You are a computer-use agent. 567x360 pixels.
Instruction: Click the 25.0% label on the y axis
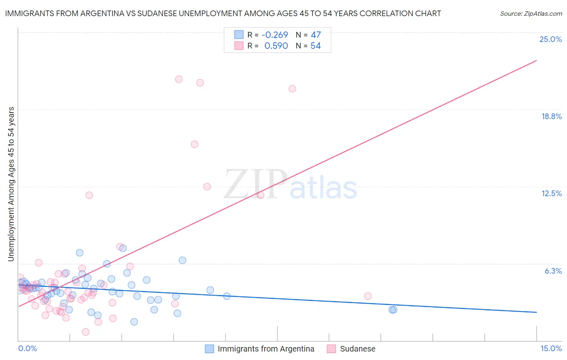point(550,39)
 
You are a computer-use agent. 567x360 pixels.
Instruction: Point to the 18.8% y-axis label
point(551,116)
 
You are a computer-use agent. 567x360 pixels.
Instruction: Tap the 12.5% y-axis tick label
point(551,193)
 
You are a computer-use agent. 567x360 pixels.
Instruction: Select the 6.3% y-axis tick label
point(553,271)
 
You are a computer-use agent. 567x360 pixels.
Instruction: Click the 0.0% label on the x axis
point(27,348)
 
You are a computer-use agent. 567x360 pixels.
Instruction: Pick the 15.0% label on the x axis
point(551,348)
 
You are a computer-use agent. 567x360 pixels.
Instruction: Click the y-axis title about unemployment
point(11,184)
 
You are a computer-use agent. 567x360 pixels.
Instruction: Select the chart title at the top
point(223,13)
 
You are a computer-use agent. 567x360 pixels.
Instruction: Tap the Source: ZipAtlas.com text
point(531,13)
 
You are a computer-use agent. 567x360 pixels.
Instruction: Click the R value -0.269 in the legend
point(275,35)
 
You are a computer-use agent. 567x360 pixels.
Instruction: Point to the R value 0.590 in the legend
point(276,46)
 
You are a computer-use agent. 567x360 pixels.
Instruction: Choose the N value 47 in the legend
point(316,35)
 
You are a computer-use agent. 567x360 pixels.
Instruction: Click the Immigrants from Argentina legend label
point(266,349)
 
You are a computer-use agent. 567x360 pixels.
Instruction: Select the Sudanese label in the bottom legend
point(357,349)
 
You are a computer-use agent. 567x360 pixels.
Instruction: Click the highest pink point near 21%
point(179,79)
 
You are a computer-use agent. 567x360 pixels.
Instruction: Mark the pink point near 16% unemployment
point(194,144)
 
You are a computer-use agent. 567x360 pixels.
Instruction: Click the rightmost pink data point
point(368,296)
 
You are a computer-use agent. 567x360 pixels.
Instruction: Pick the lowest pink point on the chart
point(85,332)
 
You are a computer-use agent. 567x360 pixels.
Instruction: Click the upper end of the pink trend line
point(536,61)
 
